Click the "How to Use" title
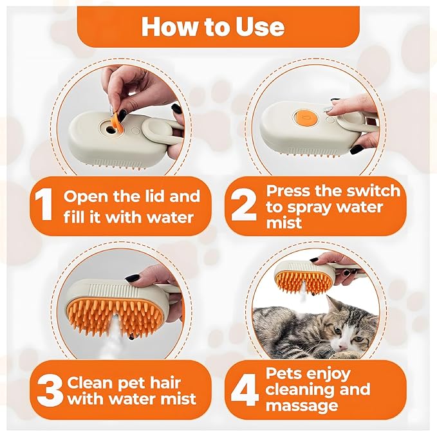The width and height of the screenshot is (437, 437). click(212, 26)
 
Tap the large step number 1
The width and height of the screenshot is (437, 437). click(43, 205)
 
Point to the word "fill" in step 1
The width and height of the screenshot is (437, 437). click(78, 216)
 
